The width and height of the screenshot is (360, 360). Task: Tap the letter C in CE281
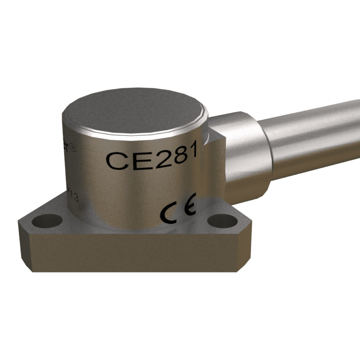(116, 161)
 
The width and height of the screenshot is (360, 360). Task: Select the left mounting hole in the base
(47, 220)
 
